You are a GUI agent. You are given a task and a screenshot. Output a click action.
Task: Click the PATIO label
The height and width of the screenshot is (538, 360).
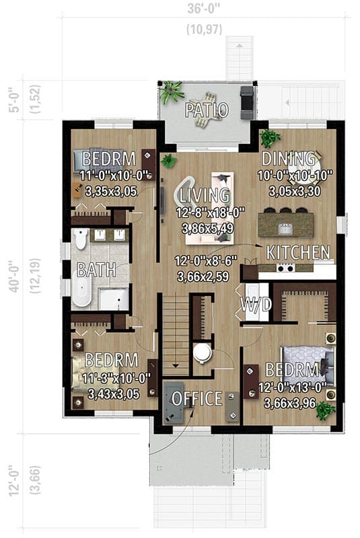[207, 109]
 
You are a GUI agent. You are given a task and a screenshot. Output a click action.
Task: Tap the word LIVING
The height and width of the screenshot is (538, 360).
[205, 196]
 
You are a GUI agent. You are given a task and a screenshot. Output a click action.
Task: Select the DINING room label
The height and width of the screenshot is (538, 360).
[289, 159]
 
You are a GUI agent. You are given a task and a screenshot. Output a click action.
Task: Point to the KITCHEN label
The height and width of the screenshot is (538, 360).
[298, 253]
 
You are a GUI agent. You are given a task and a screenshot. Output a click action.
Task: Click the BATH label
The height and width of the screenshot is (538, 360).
[96, 270]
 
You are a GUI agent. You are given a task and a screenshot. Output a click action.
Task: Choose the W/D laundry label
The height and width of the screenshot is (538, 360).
[256, 305]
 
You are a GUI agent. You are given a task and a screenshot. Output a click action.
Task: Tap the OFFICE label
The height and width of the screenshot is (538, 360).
[196, 398]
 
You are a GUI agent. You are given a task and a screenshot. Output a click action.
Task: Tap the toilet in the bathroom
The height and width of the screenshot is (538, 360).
[80, 239]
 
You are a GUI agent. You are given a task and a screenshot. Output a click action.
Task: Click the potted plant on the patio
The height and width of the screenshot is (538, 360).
[172, 90]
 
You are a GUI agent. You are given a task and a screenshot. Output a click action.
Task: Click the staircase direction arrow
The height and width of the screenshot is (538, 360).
[175, 365]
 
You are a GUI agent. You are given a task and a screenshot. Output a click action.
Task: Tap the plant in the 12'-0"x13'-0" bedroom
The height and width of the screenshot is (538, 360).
[326, 409]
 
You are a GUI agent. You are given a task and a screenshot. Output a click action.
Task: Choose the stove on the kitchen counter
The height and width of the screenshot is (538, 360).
[285, 268]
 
